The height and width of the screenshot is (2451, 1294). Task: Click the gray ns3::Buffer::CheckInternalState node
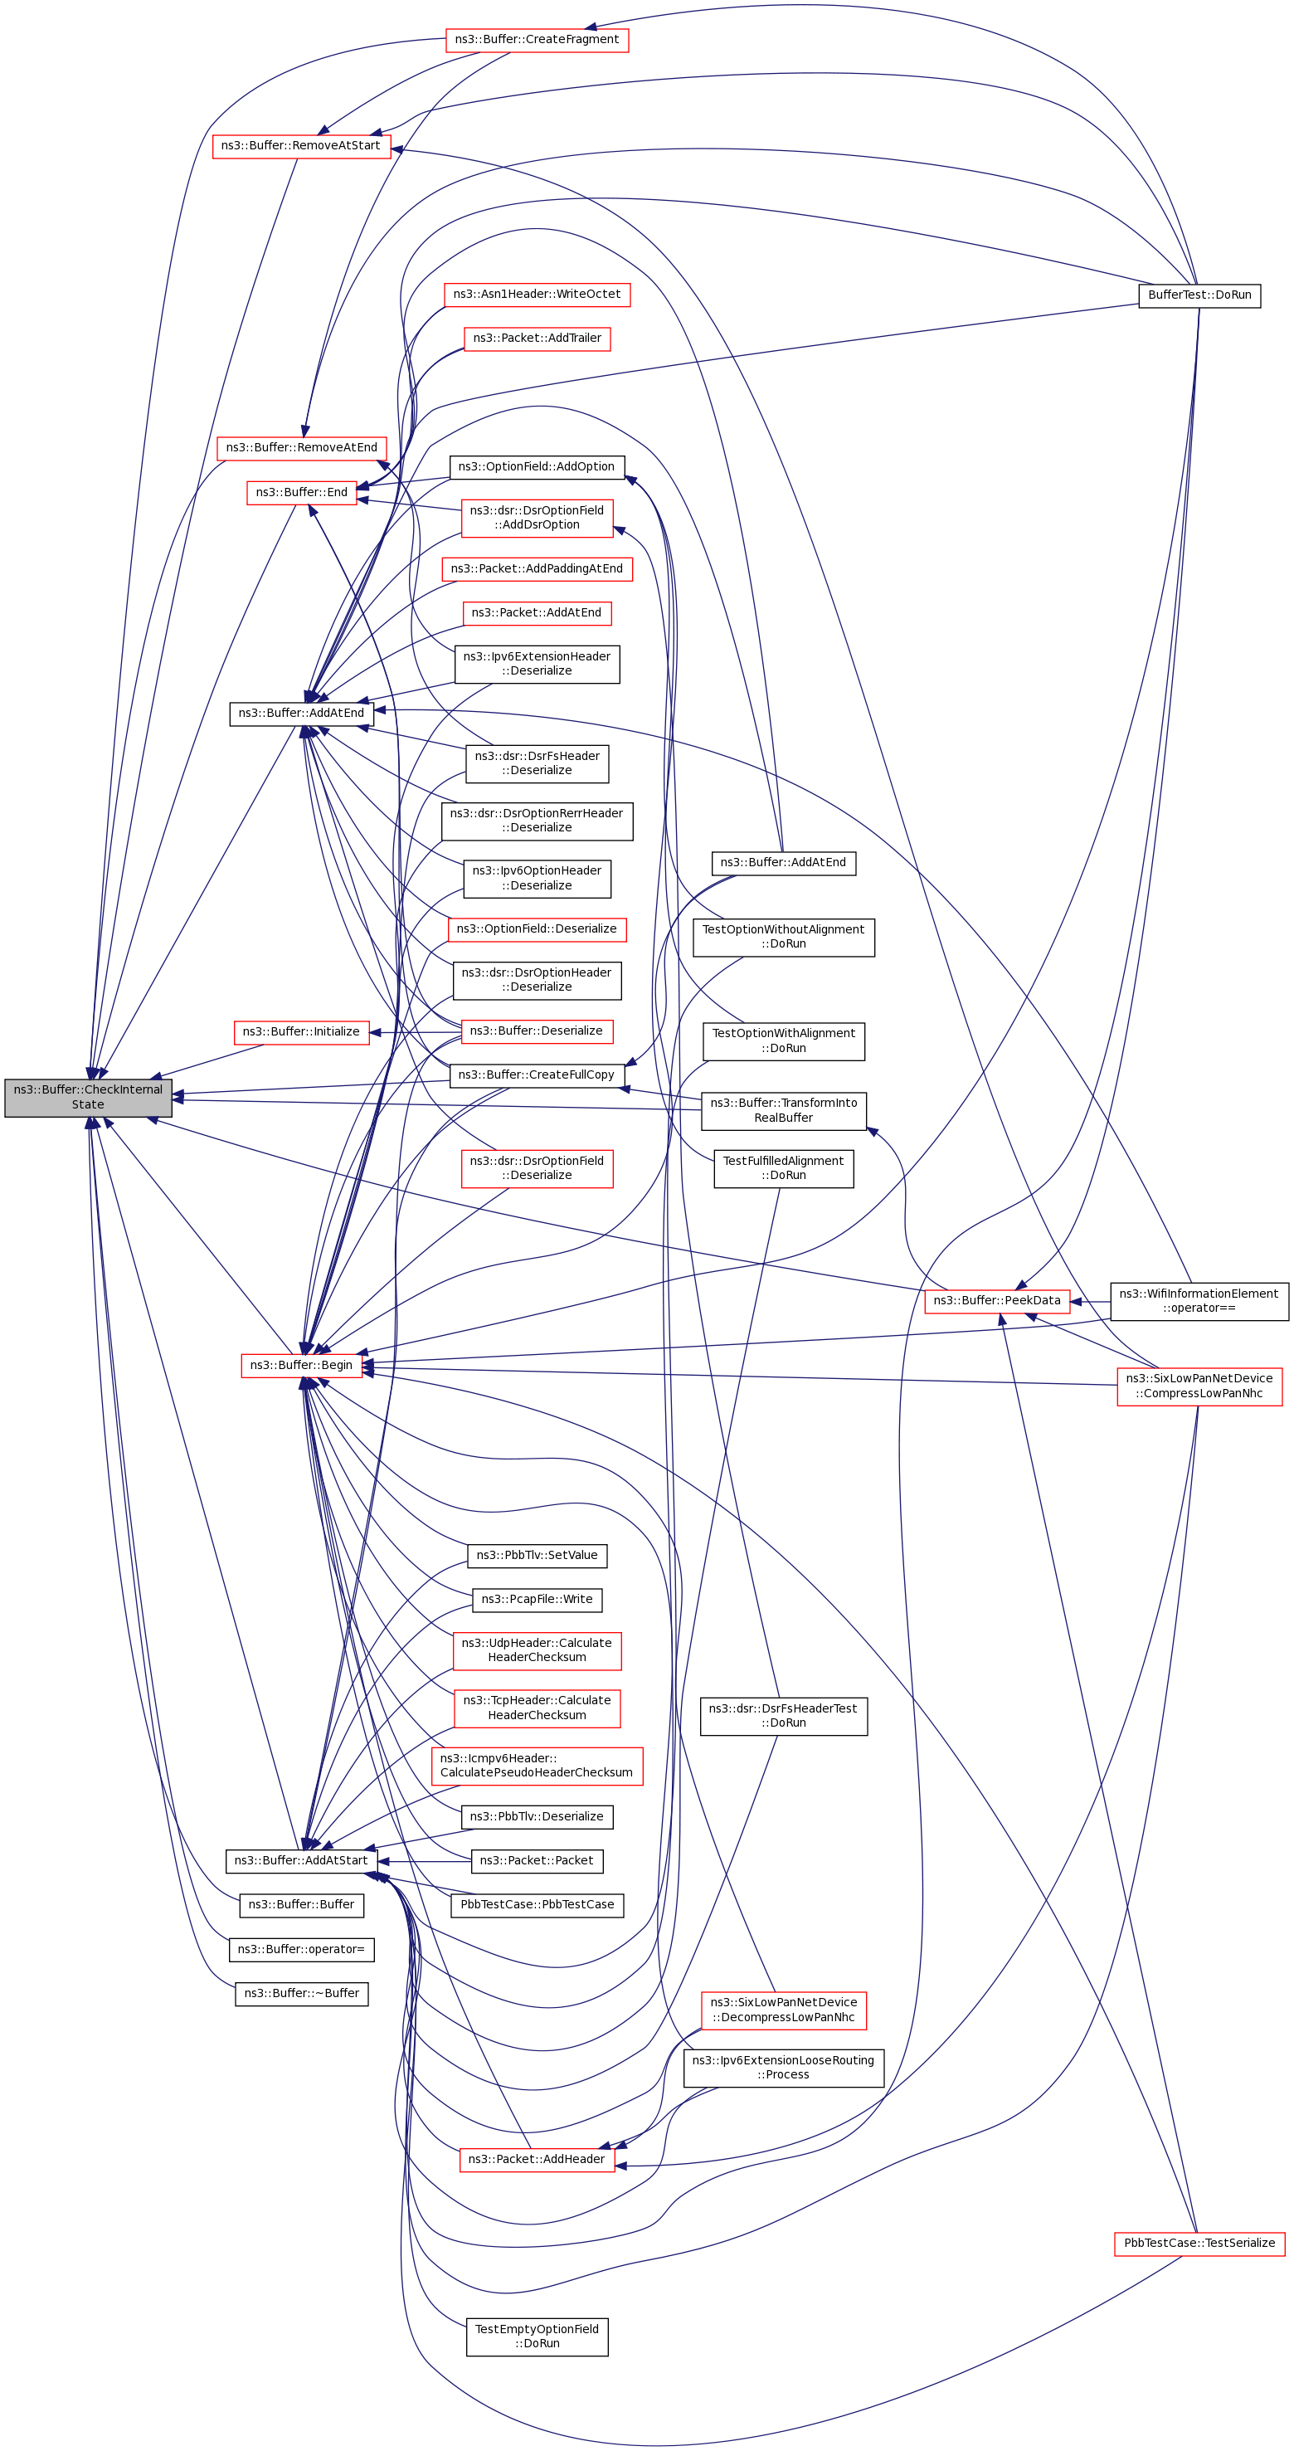(88, 1097)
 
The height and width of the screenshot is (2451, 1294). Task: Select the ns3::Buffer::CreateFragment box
(537, 40)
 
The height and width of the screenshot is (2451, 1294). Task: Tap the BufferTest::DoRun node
(1199, 295)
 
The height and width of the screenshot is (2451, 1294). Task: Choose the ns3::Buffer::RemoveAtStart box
(300, 145)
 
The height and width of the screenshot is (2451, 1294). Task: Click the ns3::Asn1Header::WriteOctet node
(537, 294)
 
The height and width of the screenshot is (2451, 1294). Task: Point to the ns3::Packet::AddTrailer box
(537, 338)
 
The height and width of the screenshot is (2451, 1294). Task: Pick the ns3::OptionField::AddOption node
(537, 466)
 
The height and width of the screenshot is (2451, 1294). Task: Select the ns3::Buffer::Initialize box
(300, 1031)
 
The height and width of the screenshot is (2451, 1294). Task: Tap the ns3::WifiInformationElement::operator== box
(1199, 1301)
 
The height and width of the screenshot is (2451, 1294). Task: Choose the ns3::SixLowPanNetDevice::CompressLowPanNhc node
(1199, 1386)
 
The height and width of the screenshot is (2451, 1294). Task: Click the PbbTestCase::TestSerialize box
(1199, 2243)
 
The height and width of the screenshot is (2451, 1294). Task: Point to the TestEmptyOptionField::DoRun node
(537, 2336)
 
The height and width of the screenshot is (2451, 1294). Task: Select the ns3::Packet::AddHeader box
(537, 2159)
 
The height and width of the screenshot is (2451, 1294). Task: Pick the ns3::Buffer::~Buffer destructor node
(300, 1992)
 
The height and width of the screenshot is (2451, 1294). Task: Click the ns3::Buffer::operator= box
(300, 1949)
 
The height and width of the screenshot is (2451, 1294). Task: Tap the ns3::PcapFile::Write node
(537, 1600)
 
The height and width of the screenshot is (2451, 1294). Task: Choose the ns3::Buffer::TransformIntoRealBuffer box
(783, 1110)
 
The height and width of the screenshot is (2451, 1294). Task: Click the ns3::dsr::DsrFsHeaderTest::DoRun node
(783, 1716)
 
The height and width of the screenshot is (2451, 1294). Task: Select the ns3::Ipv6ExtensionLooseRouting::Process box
(783, 2068)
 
